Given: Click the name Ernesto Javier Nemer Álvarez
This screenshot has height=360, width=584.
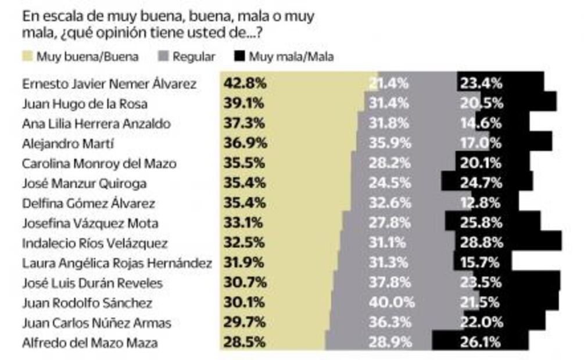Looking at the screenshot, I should [x=109, y=84].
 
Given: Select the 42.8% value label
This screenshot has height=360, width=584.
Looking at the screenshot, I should [x=244, y=83].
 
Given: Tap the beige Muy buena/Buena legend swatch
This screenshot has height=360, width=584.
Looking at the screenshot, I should [x=27, y=56].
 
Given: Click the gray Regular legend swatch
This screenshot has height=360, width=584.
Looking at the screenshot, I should [x=163, y=56].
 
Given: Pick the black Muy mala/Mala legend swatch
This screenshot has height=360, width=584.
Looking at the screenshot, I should [x=239, y=56].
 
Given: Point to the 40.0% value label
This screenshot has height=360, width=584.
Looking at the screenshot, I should [x=392, y=303].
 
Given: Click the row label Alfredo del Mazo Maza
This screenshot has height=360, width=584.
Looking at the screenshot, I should [x=89, y=343].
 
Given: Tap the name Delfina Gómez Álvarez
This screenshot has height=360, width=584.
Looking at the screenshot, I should [x=88, y=203].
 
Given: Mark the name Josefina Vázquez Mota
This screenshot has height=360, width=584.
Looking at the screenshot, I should [x=89, y=223].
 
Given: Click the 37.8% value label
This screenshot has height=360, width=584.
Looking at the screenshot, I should [x=392, y=283].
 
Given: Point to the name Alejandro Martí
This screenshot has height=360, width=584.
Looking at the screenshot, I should [x=67, y=143].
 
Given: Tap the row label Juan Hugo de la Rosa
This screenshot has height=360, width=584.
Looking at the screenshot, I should [x=84, y=103].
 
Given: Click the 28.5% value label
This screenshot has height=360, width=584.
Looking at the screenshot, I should [x=244, y=343].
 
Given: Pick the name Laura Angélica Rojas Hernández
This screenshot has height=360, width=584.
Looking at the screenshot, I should [x=116, y=263].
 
